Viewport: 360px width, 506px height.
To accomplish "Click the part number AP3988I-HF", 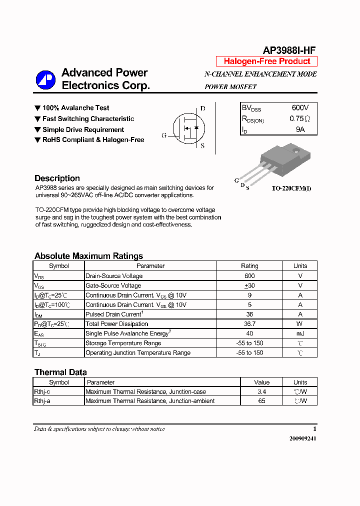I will [x=289, y=50].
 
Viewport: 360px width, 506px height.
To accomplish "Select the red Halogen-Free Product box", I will [x=266, y=61].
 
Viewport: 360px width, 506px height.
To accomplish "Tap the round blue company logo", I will [x=45, y=80].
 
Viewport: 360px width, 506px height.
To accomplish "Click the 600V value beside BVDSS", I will [x=300, y=108].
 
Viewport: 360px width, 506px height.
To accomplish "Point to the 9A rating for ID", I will [x=300, y=129].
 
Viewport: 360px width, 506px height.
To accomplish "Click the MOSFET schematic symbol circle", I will [x=188, y=128].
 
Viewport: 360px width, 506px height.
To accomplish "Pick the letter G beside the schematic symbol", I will [x=164, y=135].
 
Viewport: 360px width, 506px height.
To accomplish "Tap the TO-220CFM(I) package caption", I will [x=291, y=188].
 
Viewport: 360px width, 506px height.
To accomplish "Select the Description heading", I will [x=57, y=178].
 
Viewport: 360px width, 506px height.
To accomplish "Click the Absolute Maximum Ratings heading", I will [x=88, y=256].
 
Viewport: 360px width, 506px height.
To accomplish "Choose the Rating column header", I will [x=249, y=266].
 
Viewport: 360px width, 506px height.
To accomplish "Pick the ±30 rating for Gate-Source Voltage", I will [x=249, y=285].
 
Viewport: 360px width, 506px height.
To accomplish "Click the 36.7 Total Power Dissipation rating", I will [x=249, y=324].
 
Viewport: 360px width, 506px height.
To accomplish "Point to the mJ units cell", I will [x=300, y=333].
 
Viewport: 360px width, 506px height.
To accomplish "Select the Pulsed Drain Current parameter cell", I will [x=114, y=314].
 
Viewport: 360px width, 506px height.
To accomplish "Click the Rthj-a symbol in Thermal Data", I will [x=42, y=401].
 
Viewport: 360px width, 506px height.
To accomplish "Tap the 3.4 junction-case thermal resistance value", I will [x=261, y=391].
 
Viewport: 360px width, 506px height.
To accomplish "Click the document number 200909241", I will [x=302, y=438].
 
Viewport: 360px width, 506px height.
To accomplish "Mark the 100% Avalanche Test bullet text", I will [x=75, y=108].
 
